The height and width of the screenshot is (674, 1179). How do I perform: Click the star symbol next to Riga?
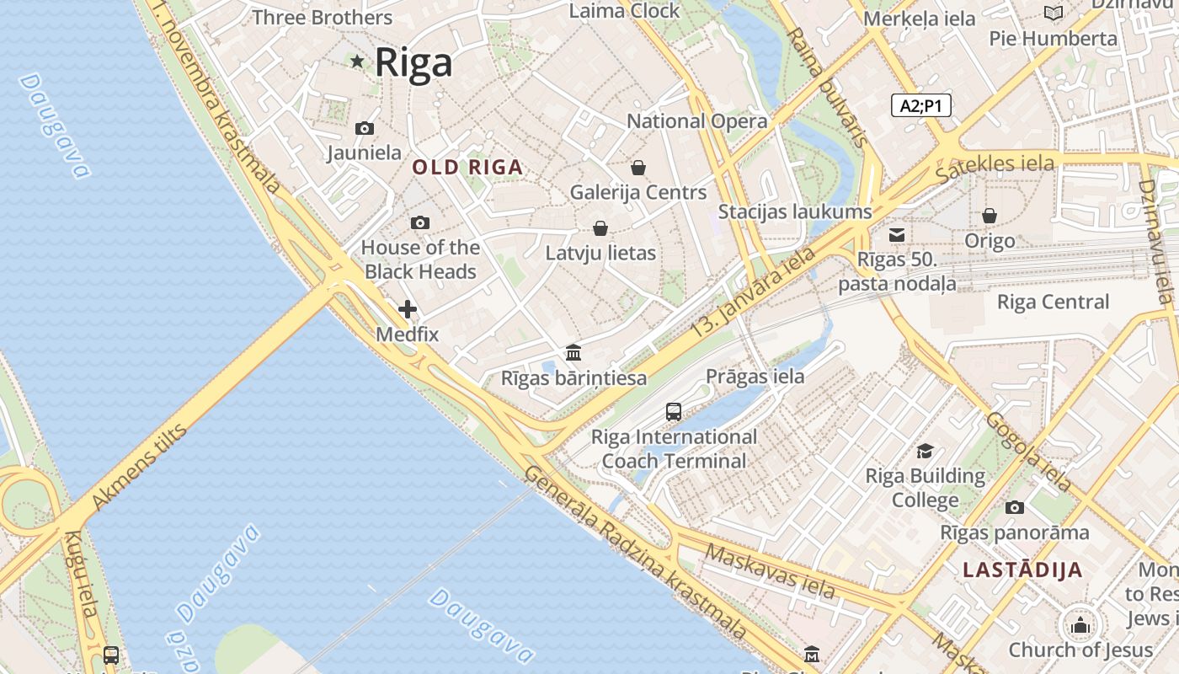pos(357,61)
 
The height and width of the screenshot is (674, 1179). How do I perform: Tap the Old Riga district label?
pos(467,168)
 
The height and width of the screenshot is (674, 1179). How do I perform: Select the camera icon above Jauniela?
pos(365,128)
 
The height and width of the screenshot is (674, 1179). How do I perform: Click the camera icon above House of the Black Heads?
pos(420,222)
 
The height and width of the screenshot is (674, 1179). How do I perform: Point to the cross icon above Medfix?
pos(408,309)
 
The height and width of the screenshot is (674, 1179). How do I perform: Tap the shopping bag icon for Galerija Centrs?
pos(638,168)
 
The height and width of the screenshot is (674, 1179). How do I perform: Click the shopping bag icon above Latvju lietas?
pos(600,228)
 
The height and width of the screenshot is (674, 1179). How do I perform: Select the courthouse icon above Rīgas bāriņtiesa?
pos(573,352)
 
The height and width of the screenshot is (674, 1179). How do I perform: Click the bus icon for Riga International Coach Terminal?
pos(674,411)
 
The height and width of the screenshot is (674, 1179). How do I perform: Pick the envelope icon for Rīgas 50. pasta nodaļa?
pos(897,234)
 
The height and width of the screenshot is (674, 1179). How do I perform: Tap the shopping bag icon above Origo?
pos(990,216)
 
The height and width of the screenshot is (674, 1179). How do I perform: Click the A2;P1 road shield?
pos(920,105)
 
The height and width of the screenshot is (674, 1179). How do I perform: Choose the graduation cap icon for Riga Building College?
pos(925,451)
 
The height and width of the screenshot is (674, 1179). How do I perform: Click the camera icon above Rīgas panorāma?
pos(1015,507)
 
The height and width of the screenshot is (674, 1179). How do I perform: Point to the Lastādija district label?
pos(1022,570)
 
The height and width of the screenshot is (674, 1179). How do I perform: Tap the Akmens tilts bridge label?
pos(139,468)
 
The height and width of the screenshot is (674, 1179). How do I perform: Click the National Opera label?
pos(697,121)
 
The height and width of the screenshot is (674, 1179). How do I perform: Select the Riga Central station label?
pos(1053,302)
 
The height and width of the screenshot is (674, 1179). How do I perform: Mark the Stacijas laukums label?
pos(794,211)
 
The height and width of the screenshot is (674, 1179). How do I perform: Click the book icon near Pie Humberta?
pos(1054,13)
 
